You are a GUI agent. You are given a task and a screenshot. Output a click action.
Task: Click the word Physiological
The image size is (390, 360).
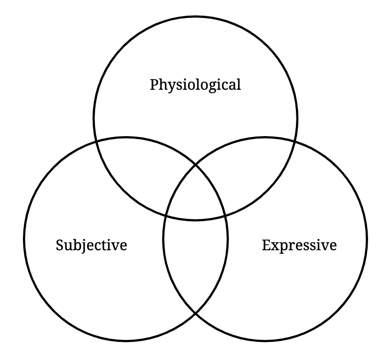click(x=195, y=85)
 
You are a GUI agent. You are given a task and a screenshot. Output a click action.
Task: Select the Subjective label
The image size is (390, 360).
click(x=92, y=244)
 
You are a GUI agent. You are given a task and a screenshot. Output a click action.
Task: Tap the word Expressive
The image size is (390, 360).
click(x=299, y=244)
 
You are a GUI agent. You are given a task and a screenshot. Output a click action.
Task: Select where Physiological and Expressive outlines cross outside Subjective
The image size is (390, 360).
click(x=294, y=140)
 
